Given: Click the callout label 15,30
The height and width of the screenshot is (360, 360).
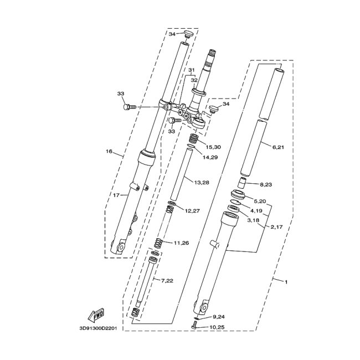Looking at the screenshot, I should tap(213, 147).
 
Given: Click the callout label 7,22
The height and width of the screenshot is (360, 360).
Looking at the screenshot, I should tap(167, 281).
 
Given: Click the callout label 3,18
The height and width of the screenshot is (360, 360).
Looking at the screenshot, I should tap(253, 220).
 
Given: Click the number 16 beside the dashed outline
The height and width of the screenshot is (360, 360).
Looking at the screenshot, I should tap(109, 151).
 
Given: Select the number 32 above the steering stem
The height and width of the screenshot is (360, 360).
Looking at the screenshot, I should tap(194, 80).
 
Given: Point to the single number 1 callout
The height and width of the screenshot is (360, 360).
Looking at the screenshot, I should tap(286, 282).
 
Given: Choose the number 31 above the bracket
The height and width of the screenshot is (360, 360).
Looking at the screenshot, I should tap(191, 70).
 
